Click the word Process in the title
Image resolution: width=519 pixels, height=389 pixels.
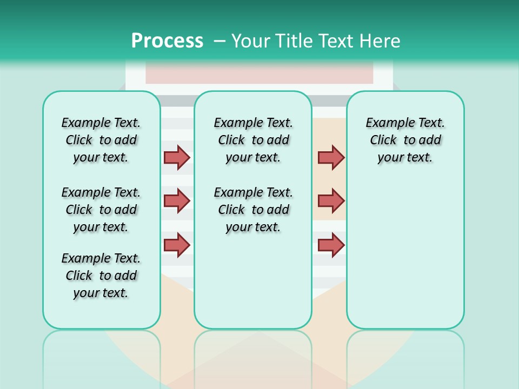click(x=167, y=41)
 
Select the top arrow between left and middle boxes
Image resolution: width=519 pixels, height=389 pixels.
click(x=177, y=157)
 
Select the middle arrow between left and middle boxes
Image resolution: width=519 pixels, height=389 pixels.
click(x=177, y=201)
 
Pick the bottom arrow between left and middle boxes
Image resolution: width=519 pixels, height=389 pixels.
click(x=177, y=245)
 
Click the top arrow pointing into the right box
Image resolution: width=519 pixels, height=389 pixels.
click(x=331, y=157)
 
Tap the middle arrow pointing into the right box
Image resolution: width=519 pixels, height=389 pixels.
click(x=331, y=201)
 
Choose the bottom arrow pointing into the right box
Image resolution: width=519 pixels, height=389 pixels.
click(x=331, y=245)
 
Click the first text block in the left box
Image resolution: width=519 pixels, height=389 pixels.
click(x=101, y=140)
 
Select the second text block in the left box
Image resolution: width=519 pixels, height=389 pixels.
click(x=101, y=210)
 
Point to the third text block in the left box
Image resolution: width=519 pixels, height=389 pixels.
click(x=101, y=276)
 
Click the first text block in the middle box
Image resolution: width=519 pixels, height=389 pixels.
click(x=253, y=140)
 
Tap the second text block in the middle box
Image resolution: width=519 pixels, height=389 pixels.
click(x=253, y=210)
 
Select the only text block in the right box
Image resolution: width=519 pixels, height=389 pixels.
click(x=405, y=140)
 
